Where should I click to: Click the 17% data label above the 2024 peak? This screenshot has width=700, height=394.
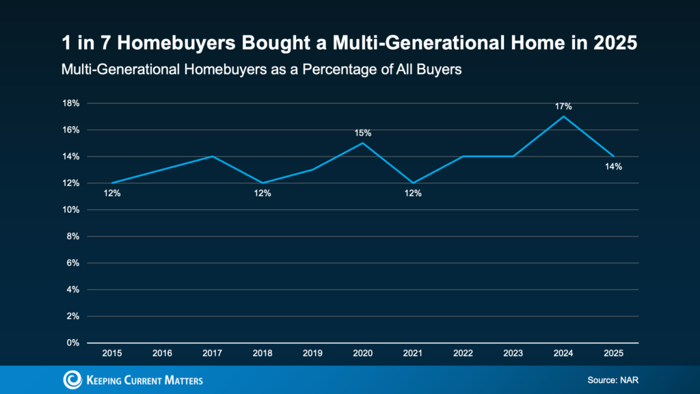click(x=563, y=107)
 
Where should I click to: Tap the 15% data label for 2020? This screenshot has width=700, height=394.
click(x=362, y=133)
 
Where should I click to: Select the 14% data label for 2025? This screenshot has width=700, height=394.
click(x=613, y=166)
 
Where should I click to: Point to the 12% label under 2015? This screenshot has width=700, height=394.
click(x=112, y=193)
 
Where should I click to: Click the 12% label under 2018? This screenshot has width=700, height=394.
click(x=262, y=193)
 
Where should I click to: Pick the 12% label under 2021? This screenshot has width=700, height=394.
click(x=413, y=193)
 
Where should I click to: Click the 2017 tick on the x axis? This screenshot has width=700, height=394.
click(x=213, y=354)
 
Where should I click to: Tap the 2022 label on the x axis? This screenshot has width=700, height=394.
click(x=463, y=354)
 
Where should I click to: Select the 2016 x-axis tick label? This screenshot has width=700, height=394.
click(x=162, y=354)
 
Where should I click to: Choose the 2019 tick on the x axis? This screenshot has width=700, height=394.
click(x=312, y=354)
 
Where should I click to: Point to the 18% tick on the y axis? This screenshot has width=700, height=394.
click(x=72, y=103)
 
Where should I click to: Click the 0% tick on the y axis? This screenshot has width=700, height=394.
click(x=74, y=343)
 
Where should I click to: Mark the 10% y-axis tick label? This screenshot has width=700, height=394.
click(x=72, y=210)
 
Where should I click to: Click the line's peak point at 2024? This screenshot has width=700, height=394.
click(x=563, y=116)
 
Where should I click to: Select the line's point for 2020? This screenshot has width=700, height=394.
click(x=362, y=143)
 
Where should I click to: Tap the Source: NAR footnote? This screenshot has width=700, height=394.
click(x=612, y=380)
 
